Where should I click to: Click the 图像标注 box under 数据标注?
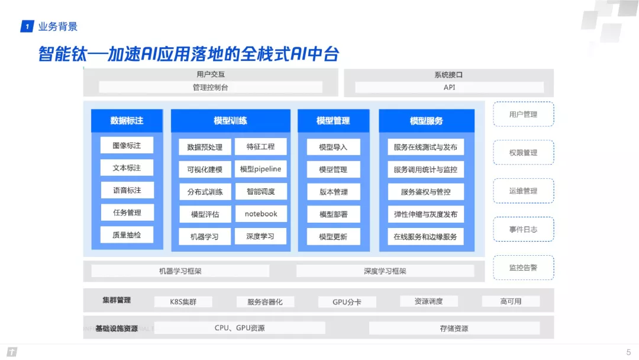point(127,145)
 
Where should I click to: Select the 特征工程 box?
point(260,146)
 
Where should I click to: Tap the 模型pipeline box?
point(260,169)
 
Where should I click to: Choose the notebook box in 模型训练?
point(260,214)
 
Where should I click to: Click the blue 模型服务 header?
point(427,121)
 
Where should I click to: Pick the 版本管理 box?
point(333,192)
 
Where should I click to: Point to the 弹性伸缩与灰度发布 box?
point(425,214)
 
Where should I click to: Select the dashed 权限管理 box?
point(523,153)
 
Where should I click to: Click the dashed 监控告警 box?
point(523,268)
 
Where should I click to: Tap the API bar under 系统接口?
point(449,87)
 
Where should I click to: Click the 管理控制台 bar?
point(210,87)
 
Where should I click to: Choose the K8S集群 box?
point(183,301)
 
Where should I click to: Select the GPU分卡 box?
point(347,301)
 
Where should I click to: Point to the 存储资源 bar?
point(454,328)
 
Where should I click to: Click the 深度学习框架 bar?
point(385,271)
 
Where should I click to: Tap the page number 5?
point(628,352)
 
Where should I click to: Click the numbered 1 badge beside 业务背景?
point(27,27)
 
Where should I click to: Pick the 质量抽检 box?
point(127,235)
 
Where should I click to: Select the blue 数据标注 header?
point(127,121)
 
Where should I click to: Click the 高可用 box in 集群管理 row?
point(511,301)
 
